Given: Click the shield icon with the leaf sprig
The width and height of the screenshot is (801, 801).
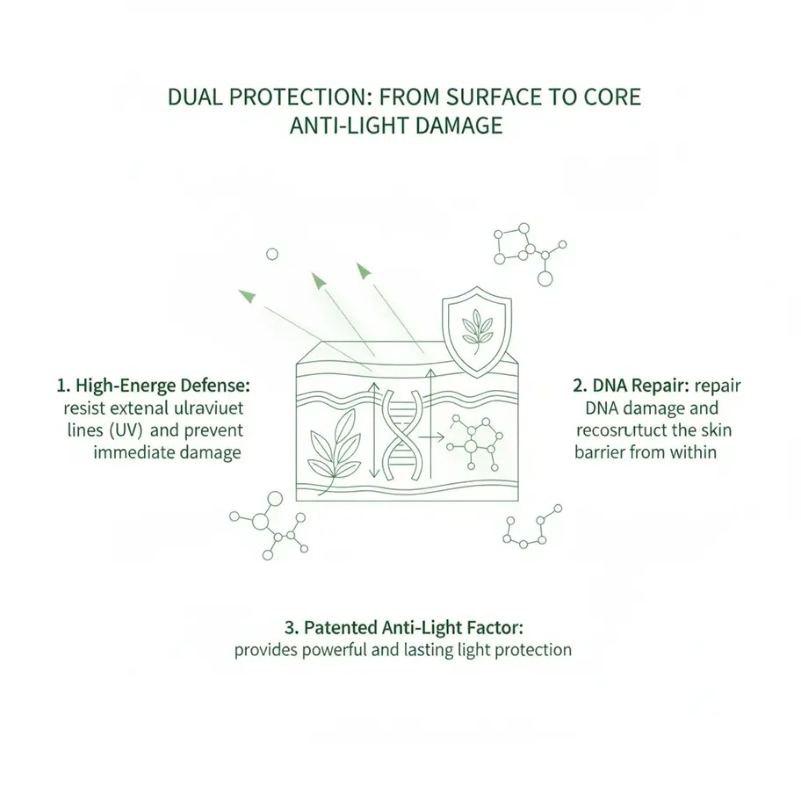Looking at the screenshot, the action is pos(477,331).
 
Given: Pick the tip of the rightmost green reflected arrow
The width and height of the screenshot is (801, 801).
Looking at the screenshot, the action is pos(361,268).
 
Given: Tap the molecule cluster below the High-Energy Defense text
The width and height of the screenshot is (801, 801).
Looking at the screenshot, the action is pos(267,529).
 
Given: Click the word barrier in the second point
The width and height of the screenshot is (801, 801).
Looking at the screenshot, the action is pos(603,453).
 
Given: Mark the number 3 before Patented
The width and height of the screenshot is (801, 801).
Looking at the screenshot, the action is pos(290,628).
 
